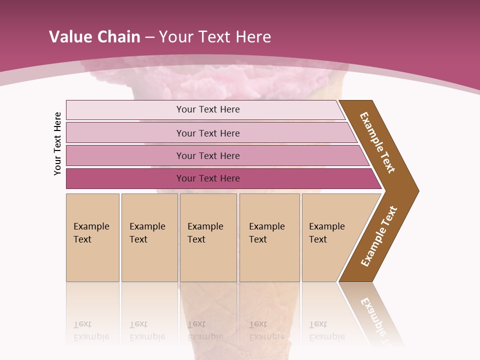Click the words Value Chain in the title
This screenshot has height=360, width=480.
94,36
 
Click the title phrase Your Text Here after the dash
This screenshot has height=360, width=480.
215,36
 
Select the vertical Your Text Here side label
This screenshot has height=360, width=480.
57,143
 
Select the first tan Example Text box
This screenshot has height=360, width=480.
92,237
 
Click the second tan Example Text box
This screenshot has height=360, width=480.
149,237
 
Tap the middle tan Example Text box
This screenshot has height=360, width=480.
208,237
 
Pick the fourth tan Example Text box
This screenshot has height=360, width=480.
269,237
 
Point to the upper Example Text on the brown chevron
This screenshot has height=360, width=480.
377,142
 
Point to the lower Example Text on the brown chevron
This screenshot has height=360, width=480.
379,236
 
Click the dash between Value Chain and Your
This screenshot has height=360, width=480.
149,37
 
